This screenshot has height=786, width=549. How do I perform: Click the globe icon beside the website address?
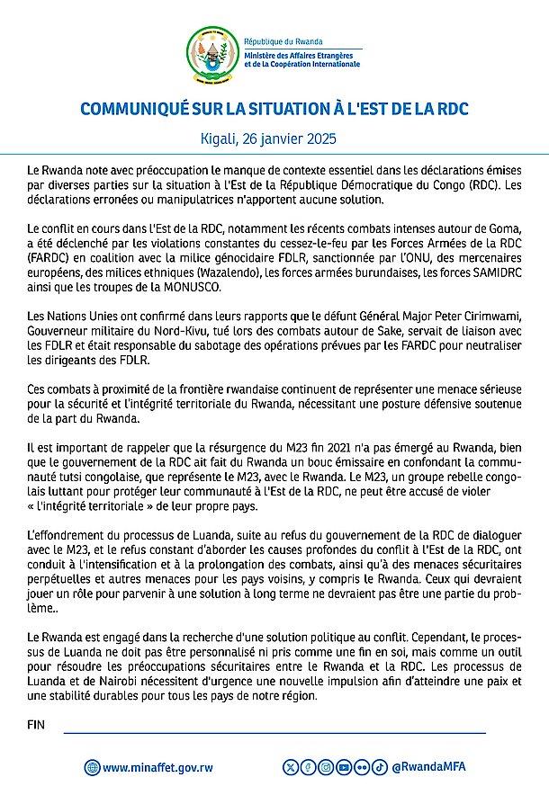[92, 767]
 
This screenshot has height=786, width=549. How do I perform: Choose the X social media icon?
[290, 766]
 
